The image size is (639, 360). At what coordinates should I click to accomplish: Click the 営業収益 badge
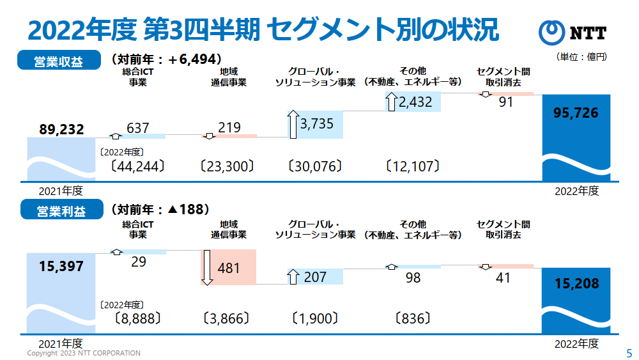click(59, 61)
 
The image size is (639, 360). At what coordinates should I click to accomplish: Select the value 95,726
click(576, 113)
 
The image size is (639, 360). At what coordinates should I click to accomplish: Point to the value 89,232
click(61, 130)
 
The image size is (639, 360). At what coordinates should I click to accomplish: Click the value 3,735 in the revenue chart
click(316, 124)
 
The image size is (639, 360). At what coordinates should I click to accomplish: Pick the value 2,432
click(415, 102)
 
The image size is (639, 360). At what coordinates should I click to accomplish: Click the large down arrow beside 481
click(207, 268)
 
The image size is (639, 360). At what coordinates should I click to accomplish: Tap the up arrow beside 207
click(293, 277)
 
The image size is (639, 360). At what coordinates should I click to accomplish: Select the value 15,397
click(61, 266)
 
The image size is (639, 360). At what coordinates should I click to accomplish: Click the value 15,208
click(576, 283)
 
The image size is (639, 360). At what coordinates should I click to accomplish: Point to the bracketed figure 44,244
click(137, 167)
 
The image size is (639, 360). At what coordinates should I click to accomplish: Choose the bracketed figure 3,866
click(226, 318)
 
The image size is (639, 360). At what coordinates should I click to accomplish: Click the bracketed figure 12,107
click(412, 167)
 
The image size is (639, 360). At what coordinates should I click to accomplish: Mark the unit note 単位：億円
click(581, 57)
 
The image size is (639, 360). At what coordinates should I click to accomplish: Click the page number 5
click(628, 353)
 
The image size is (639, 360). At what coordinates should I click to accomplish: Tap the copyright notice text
click(83, 353)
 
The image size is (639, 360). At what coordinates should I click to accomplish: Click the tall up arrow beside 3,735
click(293, 124)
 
